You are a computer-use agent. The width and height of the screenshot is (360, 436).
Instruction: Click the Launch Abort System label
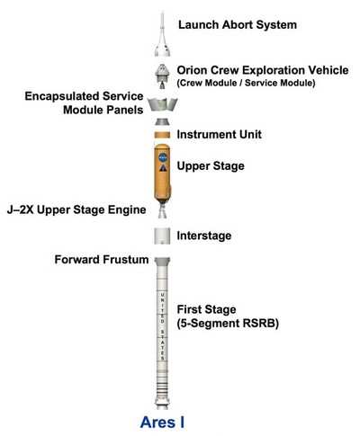pos(238,25)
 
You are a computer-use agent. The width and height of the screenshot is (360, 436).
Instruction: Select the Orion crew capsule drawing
pos(162,76)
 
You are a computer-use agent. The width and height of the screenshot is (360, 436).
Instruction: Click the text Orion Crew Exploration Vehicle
pos(263,70)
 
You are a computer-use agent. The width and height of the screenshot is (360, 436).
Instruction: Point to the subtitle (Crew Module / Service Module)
pos(246,83)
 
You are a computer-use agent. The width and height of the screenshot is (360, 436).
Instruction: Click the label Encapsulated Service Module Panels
pos(84,103)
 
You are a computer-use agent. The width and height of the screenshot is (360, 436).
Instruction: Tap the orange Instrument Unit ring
pos(162,135)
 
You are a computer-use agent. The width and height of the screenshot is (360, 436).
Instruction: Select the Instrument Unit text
pos(220,134)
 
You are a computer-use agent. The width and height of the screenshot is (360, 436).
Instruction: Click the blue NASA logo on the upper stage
pos(163,156)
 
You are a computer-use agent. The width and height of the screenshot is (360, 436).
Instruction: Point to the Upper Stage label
pos(211,166)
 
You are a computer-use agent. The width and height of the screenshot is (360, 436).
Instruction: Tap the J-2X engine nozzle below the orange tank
pos(163,210)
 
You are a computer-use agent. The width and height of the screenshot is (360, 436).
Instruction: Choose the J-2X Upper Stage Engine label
pos(76,209)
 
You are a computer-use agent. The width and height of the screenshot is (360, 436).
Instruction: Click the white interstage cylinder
pos(162,236)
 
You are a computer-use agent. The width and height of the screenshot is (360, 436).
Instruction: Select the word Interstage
pos(204,236)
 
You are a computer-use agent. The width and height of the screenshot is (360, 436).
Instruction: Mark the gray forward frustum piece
pos(162,261)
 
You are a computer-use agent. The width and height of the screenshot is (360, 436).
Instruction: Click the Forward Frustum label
pos(102,260)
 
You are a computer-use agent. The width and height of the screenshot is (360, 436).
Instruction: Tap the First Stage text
pos(206,309)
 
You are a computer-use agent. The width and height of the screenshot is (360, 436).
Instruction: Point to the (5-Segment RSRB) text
pos(228,324)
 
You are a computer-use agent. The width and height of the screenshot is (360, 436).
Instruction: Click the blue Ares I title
pos(162,423)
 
